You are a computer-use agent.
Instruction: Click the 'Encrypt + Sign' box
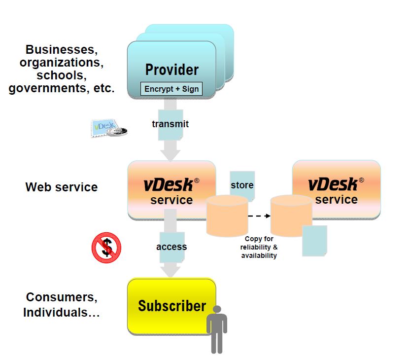click(x=171, y=89)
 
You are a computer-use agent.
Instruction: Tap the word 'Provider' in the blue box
click(x=171, y=70)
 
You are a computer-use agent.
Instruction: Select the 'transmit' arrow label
click(x=170, y=124)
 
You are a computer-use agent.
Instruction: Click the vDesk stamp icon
click(x=108, y=128)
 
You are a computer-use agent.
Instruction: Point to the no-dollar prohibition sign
click(x=106, y=247)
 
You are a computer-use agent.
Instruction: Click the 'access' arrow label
click(x=171, y=247)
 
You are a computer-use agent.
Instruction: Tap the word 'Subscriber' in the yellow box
click(x=171, y=306)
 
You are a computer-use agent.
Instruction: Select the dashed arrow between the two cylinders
click(x=259, y=216)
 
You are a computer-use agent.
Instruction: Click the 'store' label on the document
click(x=242, y=185)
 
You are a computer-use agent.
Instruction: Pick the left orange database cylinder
click(x=227, y=216)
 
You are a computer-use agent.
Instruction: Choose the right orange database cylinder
click(x=291, y=216)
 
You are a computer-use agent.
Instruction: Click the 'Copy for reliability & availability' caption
click(x=259, y=247)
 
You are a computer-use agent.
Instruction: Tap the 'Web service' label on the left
click(x=62, y=187)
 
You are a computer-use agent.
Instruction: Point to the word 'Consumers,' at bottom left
click(x=62, y=297)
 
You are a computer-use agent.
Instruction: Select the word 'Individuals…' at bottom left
click(x=62, y=312)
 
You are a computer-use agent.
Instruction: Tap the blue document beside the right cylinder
click(x=314, y=241)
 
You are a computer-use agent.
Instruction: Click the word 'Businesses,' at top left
click(x=60, y=49)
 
